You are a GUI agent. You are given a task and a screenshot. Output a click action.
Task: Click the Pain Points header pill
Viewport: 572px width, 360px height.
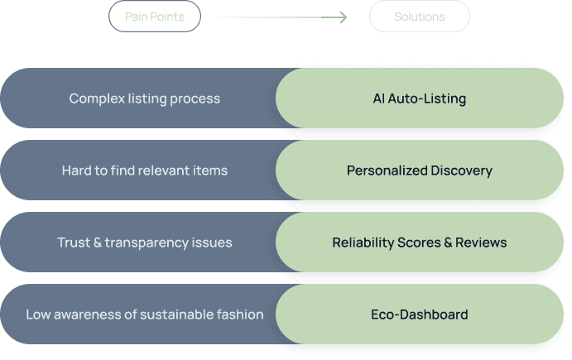click(x=154, y=17)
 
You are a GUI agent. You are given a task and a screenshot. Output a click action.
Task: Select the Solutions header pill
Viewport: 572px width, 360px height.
click(x=419, y=17)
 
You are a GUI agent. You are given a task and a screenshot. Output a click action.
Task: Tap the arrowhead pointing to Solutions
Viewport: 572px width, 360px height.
click(x=342, y=17)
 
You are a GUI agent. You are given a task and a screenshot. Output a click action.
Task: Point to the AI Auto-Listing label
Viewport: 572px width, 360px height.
click(x=419, y=98)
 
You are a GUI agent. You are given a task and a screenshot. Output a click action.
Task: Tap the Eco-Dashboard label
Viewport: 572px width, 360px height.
click(x=419, y=314)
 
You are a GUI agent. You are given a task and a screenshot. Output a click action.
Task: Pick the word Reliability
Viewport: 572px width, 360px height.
click(x=364, y=242)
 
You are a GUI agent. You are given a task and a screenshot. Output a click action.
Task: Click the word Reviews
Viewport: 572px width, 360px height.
click(x=481, y=242)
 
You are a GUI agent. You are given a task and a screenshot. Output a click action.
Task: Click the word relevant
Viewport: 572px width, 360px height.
click(x=166, y=171)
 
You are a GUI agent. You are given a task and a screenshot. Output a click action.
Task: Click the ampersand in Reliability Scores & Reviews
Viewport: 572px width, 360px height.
click(x=444, y=242)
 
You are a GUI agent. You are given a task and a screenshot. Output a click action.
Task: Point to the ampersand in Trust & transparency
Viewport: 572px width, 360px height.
click(x=99, y=242)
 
